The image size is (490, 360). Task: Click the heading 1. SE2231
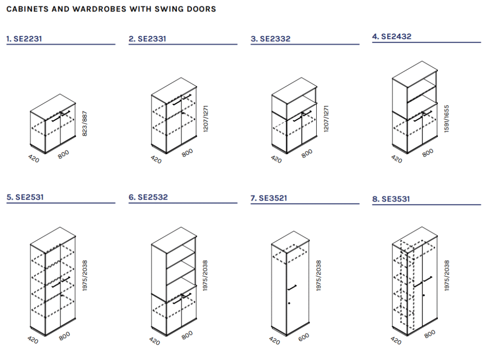click(x=24, y=39)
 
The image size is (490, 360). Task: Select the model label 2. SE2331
click(x=147, y=39)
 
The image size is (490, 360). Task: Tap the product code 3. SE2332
click(x=271, y=39)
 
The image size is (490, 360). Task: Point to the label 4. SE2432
click(x=392, y=36)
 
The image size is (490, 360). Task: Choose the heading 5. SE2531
click(x=25, y=197)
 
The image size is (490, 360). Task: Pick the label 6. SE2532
click(x=148, y=197)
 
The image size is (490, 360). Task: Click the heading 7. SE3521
click(x=269, y=198)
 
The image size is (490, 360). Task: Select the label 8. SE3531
click(x=391, y=199)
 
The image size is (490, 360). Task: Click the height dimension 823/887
click(x=85, y=124)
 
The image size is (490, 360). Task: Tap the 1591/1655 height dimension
click(x=446, y=119)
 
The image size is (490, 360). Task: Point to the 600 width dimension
click(x=304, y=337)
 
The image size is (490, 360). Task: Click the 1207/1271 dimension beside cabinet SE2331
click(x=206, y=119)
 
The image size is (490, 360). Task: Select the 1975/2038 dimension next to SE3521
click(x=318, y=276)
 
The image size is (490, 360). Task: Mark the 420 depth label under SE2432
click(x=397, y=159)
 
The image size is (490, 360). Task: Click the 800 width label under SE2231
click(x=64, y=154)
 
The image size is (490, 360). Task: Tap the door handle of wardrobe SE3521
click(x=292, y=288)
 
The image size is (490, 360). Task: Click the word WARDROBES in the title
click(x=100, y=9)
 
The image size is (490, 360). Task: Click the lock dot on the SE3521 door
click(x=290, y=303)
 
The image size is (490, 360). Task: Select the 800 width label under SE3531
click(x=430, y=334)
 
